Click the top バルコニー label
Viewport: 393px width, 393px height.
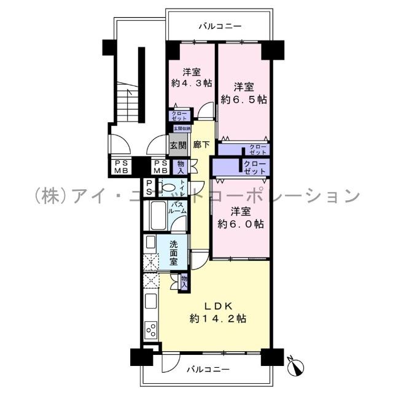pos(220,26)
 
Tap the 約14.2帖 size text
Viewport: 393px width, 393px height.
pos(219,319)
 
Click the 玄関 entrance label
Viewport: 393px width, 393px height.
pos(177,147)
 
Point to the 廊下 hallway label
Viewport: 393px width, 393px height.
pos(200,146)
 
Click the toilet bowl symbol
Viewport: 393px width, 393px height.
pos(168,187)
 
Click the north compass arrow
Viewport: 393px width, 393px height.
pos(296,366)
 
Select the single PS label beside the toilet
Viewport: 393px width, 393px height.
pos(149,186)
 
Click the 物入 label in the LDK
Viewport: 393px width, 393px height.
pos(184,281)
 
